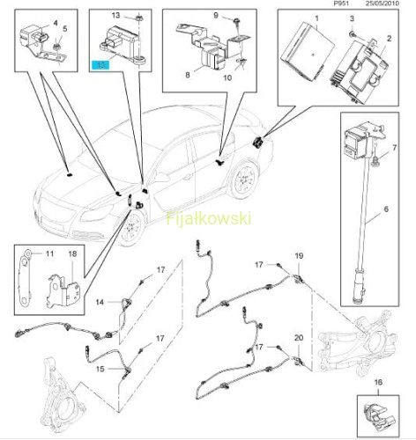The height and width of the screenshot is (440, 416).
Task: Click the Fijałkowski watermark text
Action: pos(209,218)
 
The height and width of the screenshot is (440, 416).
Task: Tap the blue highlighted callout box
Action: pos(100,65)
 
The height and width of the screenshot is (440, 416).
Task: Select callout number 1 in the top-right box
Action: pos(316,18)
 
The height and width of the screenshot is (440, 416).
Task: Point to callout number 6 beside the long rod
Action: pos(386,209)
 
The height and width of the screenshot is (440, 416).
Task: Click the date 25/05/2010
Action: pos(382,4)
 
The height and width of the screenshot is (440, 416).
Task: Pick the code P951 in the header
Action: pos(342,4)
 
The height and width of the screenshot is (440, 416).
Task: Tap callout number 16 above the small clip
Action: pos(378,382)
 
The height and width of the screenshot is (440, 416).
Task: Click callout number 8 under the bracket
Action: pos(188,75)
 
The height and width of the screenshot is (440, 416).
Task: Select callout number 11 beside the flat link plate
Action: pos(49,253)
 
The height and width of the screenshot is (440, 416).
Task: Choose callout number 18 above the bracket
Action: pos(72,253)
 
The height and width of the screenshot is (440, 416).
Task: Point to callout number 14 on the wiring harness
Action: pos(100,302)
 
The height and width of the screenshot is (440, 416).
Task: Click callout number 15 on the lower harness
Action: pos(100,369)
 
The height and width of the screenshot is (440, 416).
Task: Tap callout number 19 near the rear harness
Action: pos(299,256)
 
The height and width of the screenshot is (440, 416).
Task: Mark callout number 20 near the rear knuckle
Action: pos(299,338)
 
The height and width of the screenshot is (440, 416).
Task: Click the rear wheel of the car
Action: pos(244,179)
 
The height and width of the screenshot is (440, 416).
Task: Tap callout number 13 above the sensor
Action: pos(116,15)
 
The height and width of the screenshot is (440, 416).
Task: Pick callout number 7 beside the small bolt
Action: pos(394,148)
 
